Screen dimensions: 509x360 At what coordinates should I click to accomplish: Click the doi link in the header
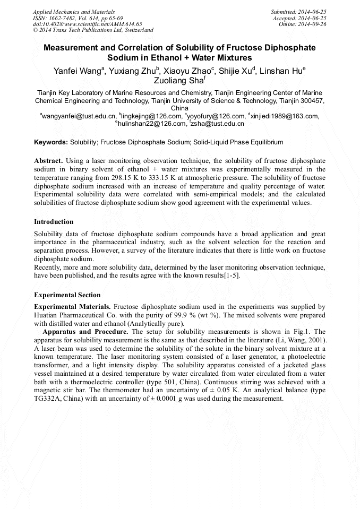point(87,24)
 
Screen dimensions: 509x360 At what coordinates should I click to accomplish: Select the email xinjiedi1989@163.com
point(285,116)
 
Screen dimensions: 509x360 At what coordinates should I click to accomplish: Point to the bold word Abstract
point(49,160)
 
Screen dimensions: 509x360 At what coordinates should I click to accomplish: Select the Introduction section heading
point(54,222)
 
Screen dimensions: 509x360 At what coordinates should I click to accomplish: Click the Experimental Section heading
point(67,295)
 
